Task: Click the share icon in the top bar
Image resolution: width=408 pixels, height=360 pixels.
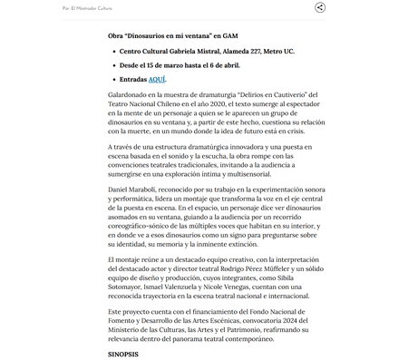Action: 320,7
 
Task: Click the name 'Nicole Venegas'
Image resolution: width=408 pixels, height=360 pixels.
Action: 245,286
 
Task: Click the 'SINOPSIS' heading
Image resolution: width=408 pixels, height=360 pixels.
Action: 123,354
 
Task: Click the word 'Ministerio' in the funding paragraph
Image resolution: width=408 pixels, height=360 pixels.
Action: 127,330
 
